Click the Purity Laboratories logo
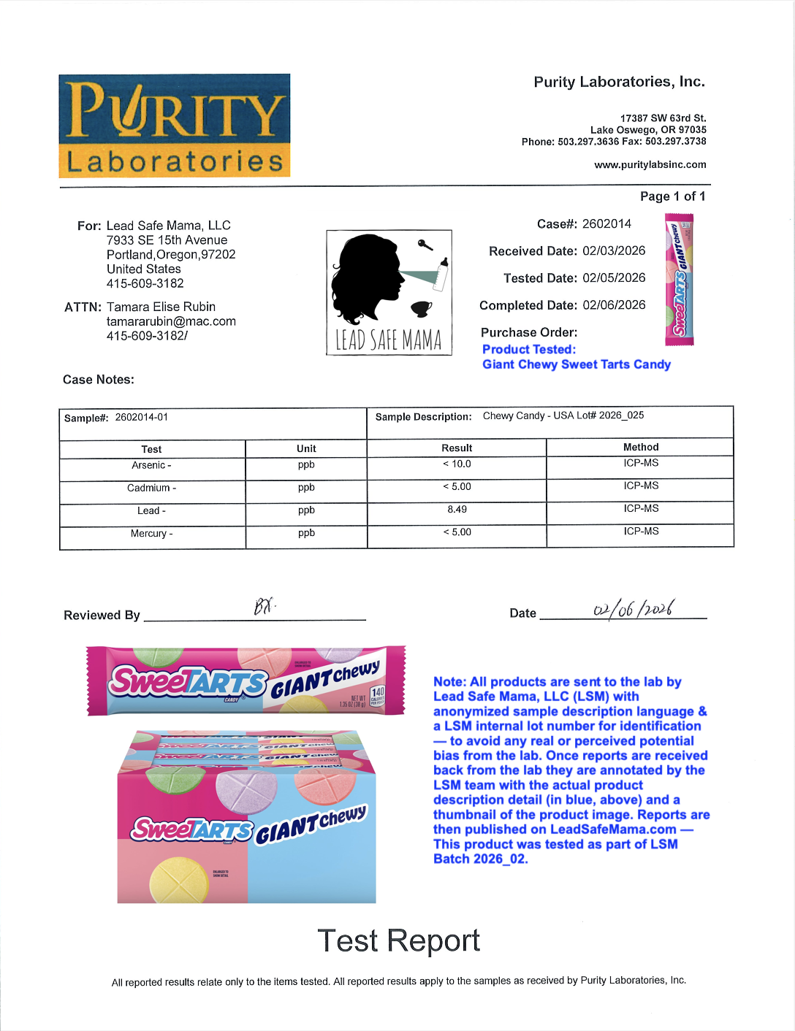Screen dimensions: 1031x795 175,126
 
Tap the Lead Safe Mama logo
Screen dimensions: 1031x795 389,293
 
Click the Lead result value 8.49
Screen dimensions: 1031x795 457,510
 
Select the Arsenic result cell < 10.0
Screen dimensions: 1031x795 457,464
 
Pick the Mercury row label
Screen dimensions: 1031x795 151,534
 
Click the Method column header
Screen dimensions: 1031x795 641,447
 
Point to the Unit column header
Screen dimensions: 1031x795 306,448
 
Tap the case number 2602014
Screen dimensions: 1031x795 606,224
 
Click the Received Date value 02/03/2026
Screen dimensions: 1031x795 614,251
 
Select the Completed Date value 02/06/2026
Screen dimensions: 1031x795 614,305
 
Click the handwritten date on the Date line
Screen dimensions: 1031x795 633,608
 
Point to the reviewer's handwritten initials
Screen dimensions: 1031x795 264,606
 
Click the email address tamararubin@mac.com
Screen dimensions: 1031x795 171,321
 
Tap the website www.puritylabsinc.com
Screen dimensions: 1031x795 650,165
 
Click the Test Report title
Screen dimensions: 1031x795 398,940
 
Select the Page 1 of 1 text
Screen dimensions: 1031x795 672,196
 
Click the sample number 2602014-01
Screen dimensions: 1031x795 141,418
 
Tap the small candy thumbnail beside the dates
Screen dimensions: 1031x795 679,279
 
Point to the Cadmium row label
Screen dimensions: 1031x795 151,488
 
